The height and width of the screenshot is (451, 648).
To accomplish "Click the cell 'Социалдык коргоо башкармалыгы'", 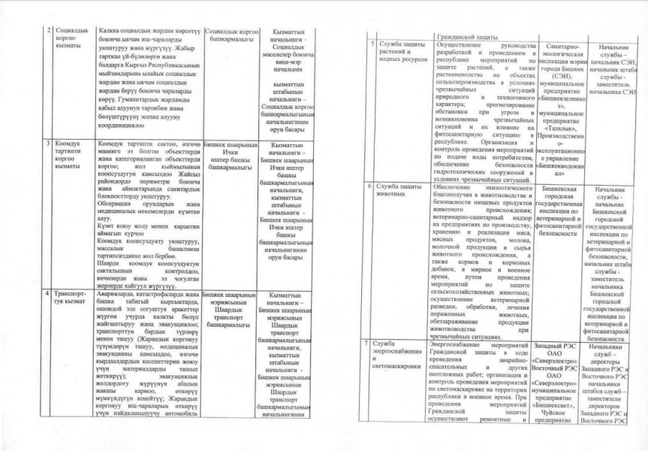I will click(x=227, y=35).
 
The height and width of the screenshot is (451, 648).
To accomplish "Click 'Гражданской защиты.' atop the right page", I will click(x=472, y=35).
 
